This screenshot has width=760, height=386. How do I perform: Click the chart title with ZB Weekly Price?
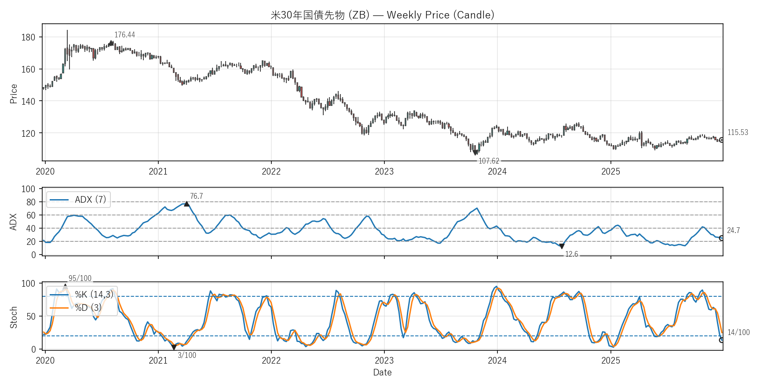(382, 15)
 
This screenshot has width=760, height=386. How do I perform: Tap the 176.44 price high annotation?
(124, 35)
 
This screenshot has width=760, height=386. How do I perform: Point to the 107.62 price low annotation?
(489, 161)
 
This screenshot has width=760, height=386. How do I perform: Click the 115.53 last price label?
(738, 132)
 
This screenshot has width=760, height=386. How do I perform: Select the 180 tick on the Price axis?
(28, 37)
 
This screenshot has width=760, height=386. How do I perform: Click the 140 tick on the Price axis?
(28, 101)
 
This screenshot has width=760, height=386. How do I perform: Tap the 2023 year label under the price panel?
(384, 171)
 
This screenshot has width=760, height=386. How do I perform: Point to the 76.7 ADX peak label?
(196, 196)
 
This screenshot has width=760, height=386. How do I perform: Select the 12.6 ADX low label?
(571, 254)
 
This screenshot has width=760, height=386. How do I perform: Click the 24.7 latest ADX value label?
(733, 230)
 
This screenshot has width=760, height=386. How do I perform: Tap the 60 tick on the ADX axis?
(31, 215)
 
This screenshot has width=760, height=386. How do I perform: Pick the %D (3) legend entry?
(88, 308)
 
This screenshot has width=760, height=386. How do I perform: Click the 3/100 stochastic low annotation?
(187, 355)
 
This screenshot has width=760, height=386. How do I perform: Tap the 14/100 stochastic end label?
(738, 332)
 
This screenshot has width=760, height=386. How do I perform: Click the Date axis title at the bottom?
(382, 372)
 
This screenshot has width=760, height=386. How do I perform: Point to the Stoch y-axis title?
(14, 317)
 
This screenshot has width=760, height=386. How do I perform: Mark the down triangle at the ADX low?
(562, 247)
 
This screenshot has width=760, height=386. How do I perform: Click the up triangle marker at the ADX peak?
(187, 204)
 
